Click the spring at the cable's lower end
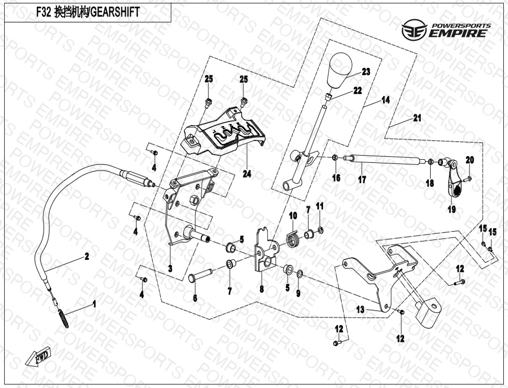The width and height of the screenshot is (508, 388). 62,316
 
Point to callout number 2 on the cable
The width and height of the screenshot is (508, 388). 87,256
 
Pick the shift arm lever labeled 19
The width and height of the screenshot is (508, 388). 453,182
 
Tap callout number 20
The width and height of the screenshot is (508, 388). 469,160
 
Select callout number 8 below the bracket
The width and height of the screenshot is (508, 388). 261,289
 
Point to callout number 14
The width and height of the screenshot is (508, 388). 385,100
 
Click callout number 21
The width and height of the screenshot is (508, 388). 417,118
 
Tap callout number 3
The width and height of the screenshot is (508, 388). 170,269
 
